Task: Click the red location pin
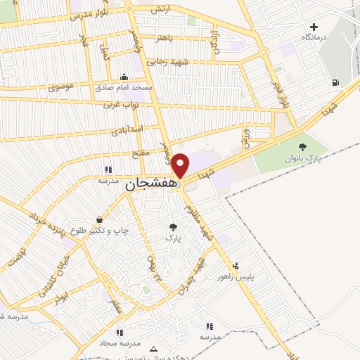[181, 165]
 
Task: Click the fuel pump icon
[334, 83]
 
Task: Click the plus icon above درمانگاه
[314, 27]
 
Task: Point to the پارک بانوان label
[302, 158]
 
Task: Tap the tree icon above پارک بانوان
[302, 147]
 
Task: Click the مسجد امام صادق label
[124, 86]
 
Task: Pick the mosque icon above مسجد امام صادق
[124, 77]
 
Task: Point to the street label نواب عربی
[119, 105]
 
